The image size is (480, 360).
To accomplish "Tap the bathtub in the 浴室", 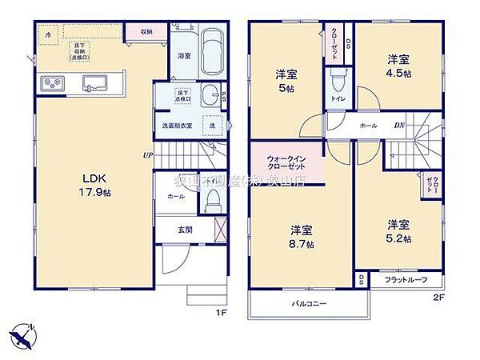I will (211, 52).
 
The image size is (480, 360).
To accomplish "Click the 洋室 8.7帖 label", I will (302, 236).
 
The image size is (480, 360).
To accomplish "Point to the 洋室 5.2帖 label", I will (397, 230).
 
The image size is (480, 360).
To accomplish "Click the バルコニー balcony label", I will (308, 304).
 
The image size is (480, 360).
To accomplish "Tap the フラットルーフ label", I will (406, 280).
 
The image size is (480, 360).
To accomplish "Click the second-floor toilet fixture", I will (337, 82).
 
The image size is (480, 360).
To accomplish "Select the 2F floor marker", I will (438, 297).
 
